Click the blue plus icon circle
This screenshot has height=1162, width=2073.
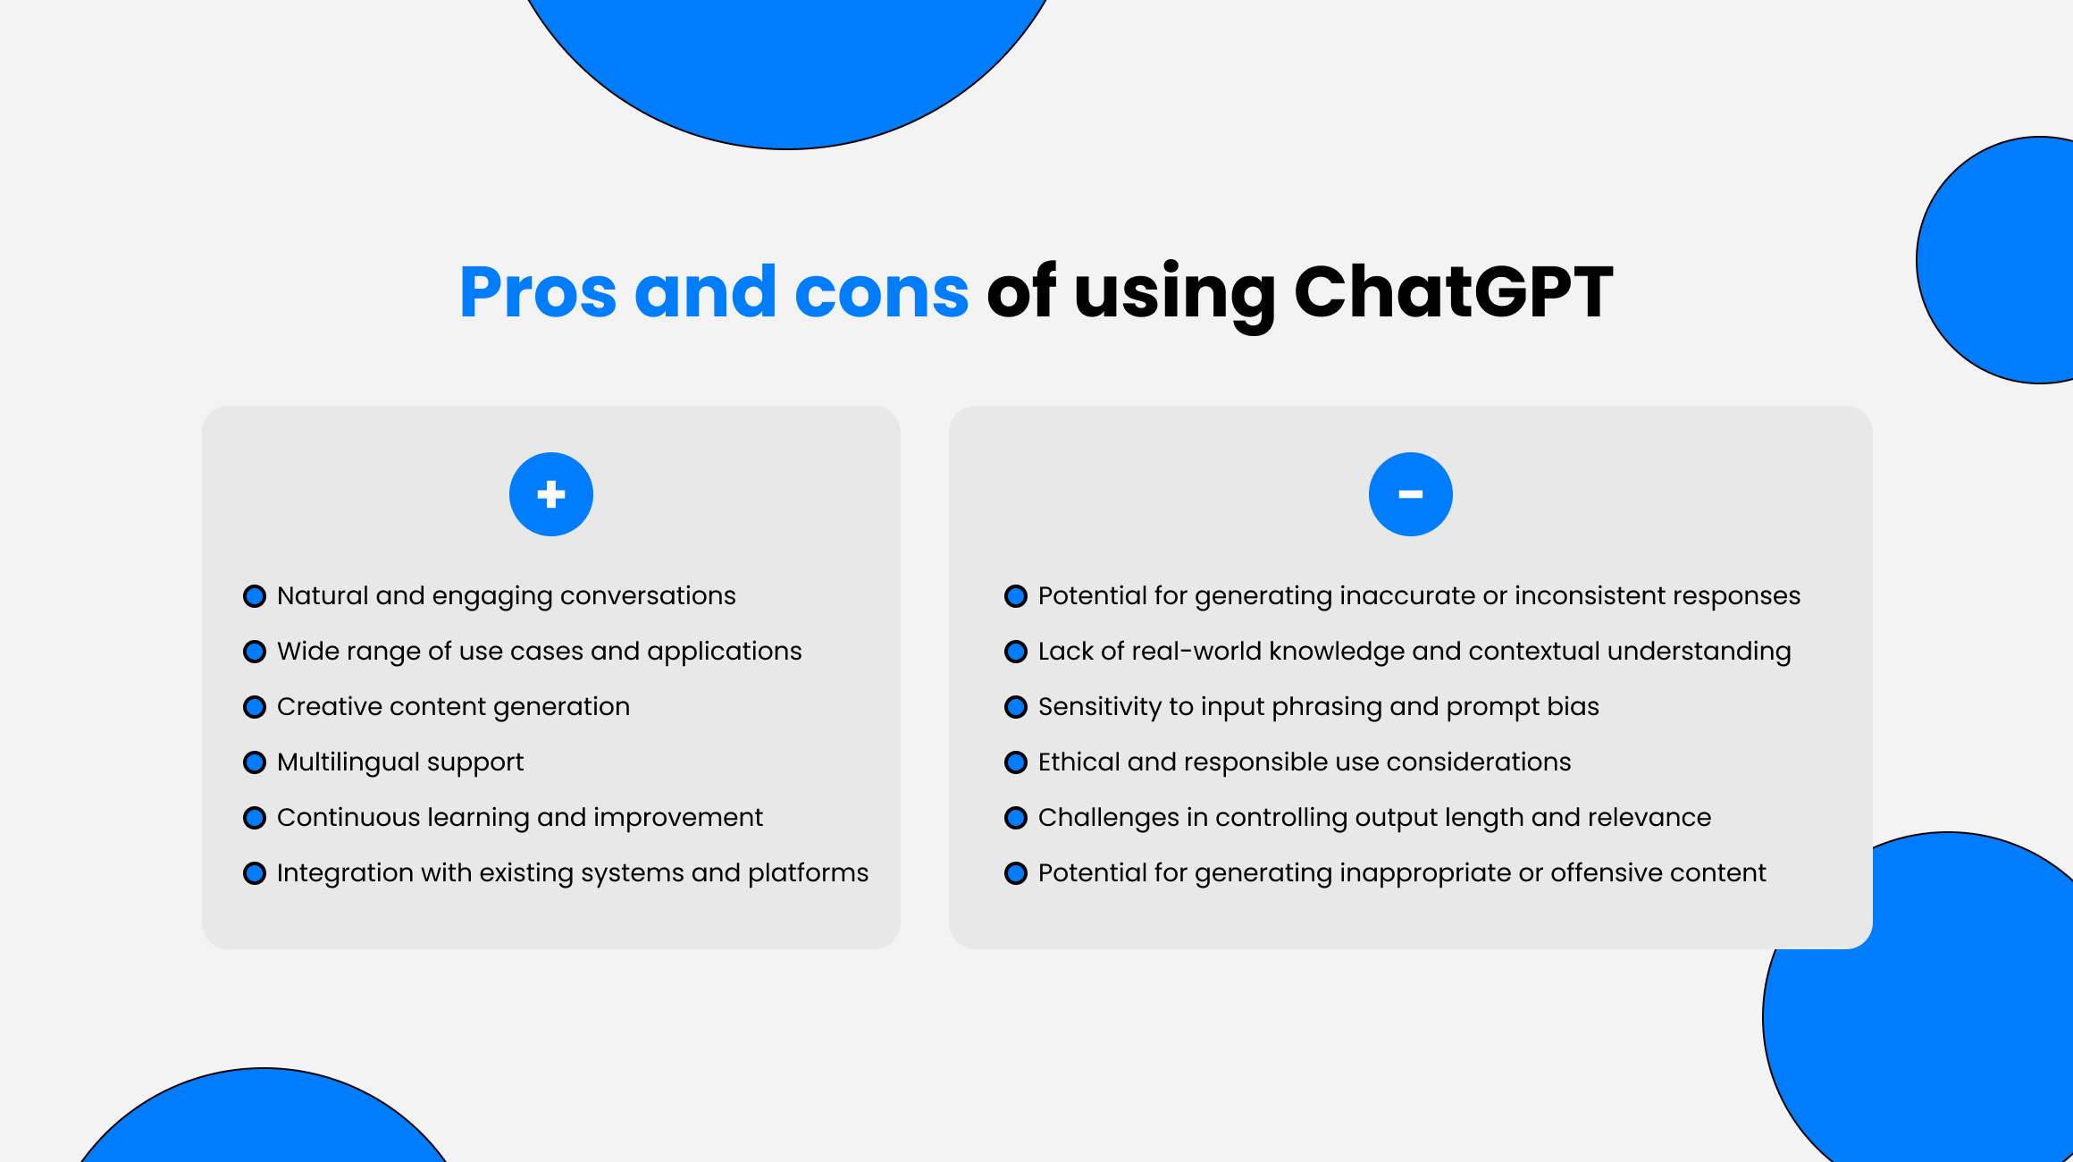551,494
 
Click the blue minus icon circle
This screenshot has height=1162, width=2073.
1410,494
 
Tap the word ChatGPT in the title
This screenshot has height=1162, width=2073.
1453,292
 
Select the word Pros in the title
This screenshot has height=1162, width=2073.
538,292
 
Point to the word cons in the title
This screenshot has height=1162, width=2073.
881,292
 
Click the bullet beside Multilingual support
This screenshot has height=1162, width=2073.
255,762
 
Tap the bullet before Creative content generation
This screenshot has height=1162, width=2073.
255,707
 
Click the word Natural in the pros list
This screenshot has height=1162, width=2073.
323,595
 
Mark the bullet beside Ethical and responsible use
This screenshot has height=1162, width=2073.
1016,762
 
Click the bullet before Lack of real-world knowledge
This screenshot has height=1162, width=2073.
1016,652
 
